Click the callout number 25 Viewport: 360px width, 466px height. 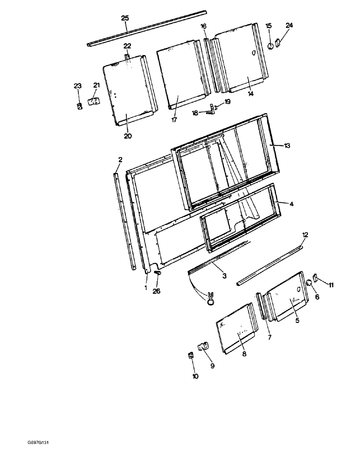point(125,18)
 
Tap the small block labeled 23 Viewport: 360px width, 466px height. point(79,106)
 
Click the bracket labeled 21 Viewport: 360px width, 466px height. point(95,101)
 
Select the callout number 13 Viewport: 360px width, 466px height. point(287,145)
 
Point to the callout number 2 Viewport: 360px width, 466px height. point(120,160)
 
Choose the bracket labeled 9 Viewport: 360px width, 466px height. point(203,347)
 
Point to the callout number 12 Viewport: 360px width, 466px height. point(305,235)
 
